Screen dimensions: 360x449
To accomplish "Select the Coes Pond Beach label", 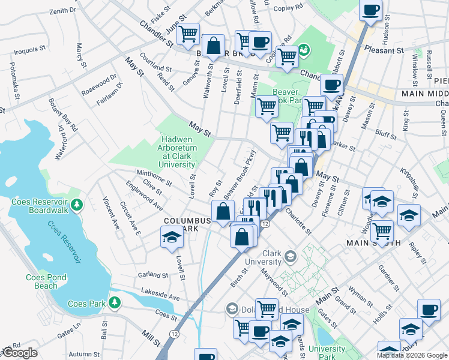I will tap(42, 281).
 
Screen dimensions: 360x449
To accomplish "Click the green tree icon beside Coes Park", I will tap(113, 304).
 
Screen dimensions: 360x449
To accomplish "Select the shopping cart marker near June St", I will tap(188, 34).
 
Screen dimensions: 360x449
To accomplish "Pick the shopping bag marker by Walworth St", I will tap(213, 45).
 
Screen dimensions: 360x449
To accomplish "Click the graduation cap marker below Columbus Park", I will tap(171, 238).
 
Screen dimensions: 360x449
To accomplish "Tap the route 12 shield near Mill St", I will tap(174, 332).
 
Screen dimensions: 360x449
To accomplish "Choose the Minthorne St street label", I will tap(154, 177).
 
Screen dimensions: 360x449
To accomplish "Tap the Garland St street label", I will tap(151, 275).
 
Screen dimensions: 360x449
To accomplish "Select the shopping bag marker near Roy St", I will tap(223, 211).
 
